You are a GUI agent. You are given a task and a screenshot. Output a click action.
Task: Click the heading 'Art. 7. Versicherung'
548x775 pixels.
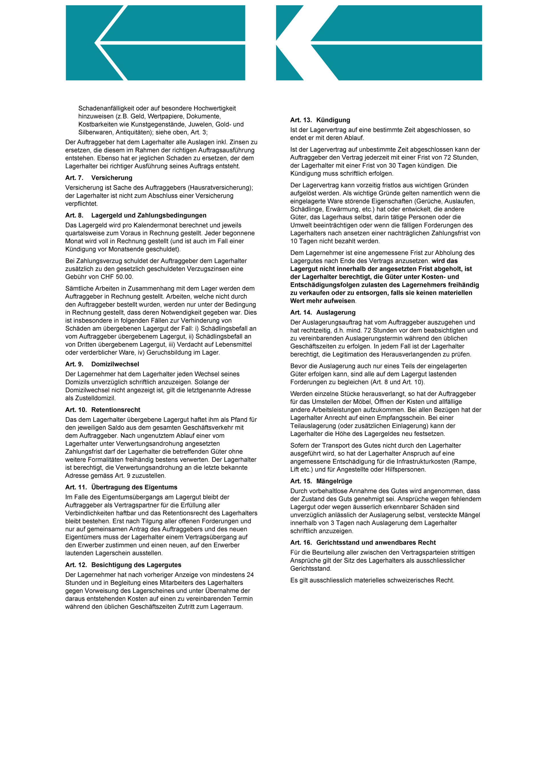98,178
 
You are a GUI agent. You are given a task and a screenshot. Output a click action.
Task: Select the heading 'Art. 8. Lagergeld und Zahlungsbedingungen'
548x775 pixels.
136,215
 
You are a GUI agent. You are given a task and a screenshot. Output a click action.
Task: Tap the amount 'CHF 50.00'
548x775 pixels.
116,277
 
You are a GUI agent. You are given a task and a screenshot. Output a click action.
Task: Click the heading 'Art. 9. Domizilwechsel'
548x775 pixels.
102,364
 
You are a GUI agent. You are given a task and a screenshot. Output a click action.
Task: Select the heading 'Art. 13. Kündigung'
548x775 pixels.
320,120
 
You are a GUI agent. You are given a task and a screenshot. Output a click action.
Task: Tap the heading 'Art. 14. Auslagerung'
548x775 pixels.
323,312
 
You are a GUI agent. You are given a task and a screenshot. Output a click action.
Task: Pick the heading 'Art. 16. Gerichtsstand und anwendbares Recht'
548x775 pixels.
363,542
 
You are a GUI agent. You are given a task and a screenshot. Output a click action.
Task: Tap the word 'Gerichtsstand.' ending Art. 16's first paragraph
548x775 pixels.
311,568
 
